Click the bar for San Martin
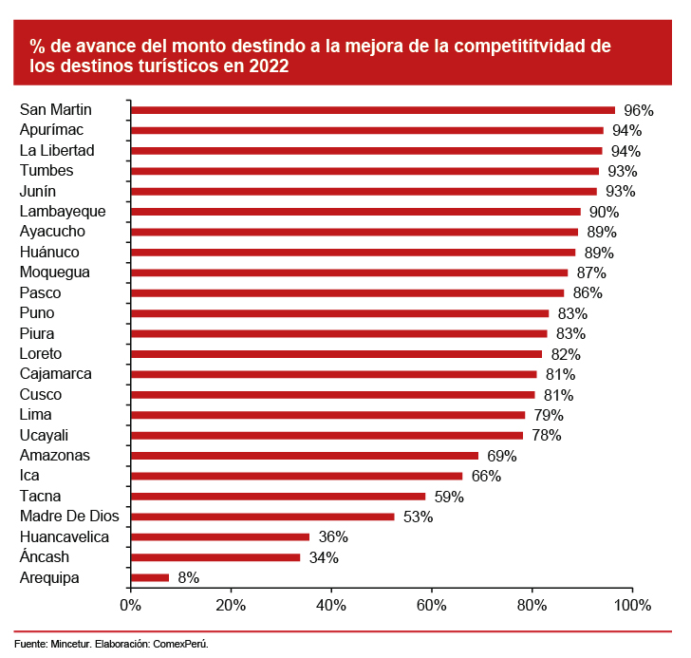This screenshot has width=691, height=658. pos(372,110)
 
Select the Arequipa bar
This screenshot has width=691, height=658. pos(150,577)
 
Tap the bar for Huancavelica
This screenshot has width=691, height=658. pos(219,536)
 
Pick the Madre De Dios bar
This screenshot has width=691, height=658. pos(262,517)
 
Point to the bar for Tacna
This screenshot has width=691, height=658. pos(278,496)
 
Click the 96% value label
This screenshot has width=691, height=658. pos(638,110)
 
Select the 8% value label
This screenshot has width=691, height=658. pos(188,577)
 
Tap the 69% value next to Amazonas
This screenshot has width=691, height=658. pos(501,456)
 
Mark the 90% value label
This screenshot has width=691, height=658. pos(604,212)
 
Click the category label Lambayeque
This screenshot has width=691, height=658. pos(63,211)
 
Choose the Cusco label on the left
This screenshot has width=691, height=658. pos(41,394)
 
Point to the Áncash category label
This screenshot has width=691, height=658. pos(44,557)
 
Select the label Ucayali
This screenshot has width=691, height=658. pos(45,435)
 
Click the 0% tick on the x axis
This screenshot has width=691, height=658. pos(130,606)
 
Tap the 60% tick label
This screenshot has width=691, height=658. pos(432,606)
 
